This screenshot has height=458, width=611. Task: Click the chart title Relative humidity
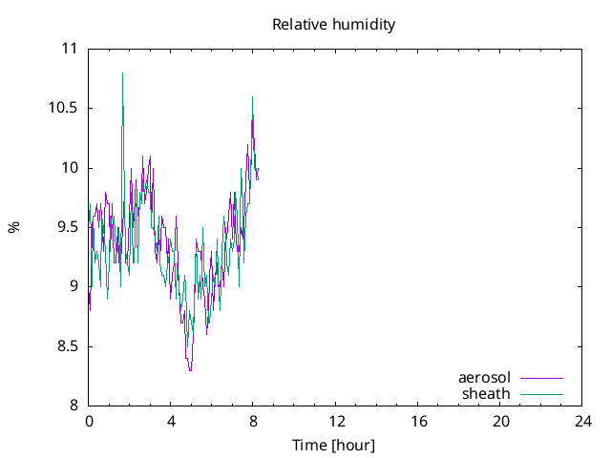333,24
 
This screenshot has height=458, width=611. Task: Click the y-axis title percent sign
14,227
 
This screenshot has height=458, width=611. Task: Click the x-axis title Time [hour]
333,446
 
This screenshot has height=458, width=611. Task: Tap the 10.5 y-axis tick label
63,108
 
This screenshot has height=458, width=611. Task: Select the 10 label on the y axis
70,168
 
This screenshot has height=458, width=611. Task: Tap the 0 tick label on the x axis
89,421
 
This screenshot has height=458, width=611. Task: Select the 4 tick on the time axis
171,421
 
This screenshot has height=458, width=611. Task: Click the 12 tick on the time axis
336,421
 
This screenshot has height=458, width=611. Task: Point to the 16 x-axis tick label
418,421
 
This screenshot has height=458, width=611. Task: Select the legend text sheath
487,393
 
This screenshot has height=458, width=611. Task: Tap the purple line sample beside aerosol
540,379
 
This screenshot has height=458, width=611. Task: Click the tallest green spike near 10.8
122,74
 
